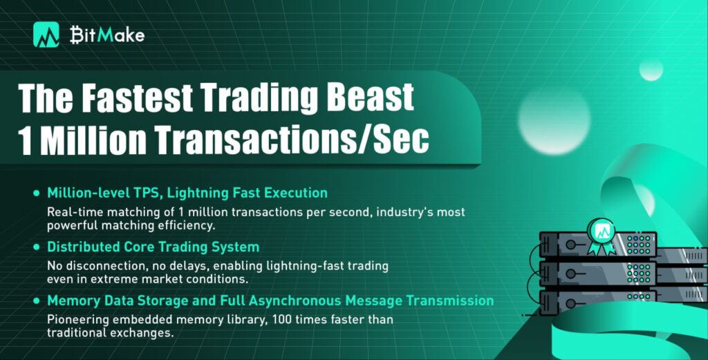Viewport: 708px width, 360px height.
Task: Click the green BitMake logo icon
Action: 46,35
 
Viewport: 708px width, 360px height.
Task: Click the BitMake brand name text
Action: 107,35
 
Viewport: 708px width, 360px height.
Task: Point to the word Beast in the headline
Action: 371,98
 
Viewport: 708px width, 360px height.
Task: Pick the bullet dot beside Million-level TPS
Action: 37,193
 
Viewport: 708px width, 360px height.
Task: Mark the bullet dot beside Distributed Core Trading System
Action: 37,247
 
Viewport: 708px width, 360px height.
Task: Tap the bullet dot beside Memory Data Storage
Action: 37,301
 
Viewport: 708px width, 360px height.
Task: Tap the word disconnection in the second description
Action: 101,266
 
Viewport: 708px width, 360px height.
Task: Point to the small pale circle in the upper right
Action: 651,70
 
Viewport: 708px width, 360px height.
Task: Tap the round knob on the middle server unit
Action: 570,274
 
